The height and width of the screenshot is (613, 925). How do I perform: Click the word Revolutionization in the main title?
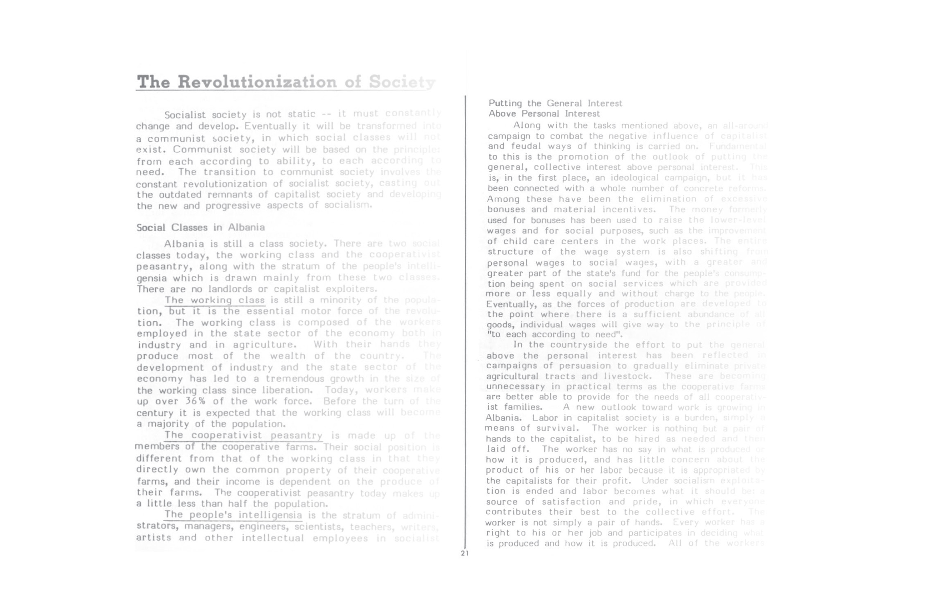(x=257, y=82)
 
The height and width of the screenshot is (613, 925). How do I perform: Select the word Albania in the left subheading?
(x=246, y=228)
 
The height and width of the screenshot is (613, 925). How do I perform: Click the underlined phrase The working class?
(x=215, y=300)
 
